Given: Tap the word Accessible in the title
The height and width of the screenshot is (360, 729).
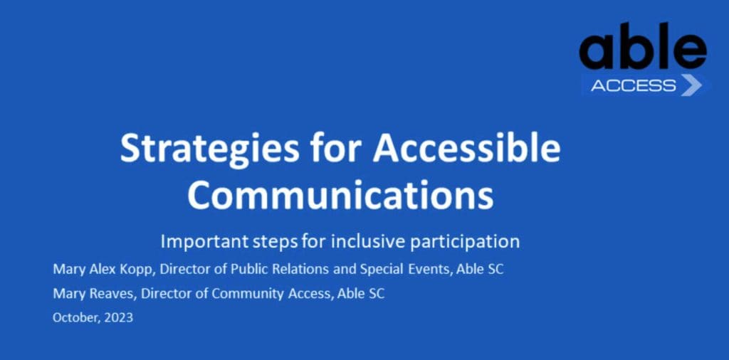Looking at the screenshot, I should [x=466, y=149].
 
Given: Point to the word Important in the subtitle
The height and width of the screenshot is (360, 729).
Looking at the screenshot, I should [x=200, y=241].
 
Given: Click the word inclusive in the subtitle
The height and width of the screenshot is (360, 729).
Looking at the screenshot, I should [x=357, y=240].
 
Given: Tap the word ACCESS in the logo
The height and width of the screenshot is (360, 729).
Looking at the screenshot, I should [x=633, y=85].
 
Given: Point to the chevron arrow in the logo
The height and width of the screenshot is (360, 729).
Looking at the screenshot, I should [x=691, y=85].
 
